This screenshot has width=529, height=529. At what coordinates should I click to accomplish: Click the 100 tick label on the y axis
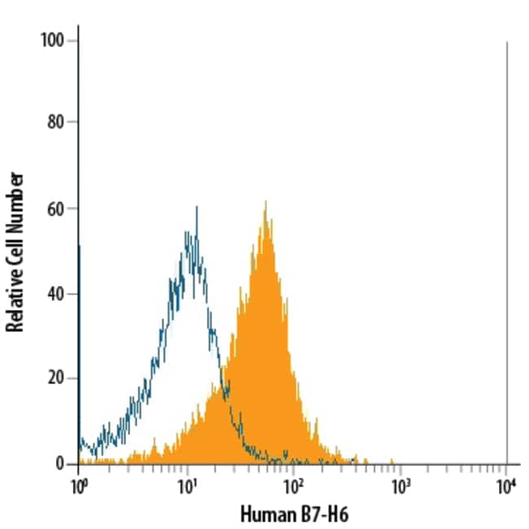pyautogui.click(x=55, y=41)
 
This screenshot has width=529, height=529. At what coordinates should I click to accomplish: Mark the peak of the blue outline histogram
pyautogui.click(x=197, y=208)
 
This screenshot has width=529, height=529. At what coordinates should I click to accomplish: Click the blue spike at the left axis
pyautogui.click(x=79, y=342)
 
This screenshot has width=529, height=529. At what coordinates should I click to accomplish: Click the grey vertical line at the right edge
pyautogui.click(x=507, y=244)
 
